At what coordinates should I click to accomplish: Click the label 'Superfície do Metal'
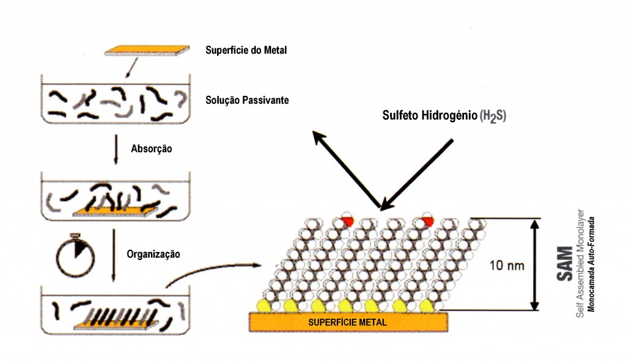tap(246, 50)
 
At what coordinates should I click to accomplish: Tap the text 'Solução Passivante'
tap(246, 99)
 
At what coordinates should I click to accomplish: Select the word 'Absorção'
tap(150, 148)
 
